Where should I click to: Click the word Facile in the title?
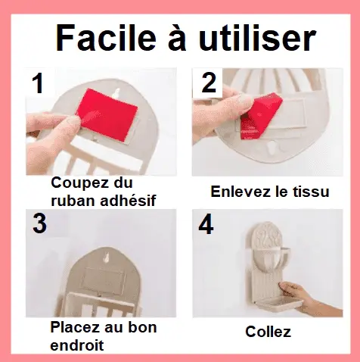click(102, 38)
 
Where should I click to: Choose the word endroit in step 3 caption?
click(76, 345)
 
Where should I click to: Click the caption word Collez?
click(268, 332)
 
